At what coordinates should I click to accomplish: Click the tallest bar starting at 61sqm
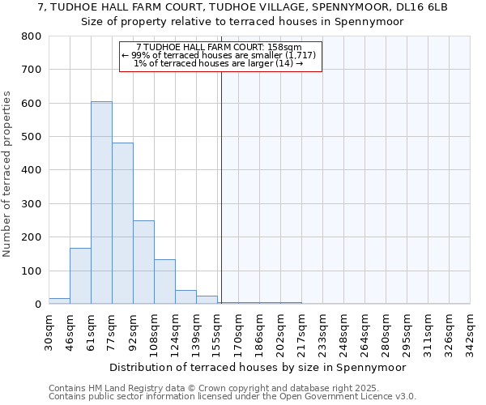[x=101, y=202]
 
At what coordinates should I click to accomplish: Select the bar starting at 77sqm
[x=122, y=224]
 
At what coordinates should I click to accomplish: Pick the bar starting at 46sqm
[x=80, y=276]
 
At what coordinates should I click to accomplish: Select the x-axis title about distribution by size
[x=257, y=367]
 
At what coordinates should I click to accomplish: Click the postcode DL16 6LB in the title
[x=414, y=6]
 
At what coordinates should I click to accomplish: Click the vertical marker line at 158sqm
[x=221, y=186]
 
